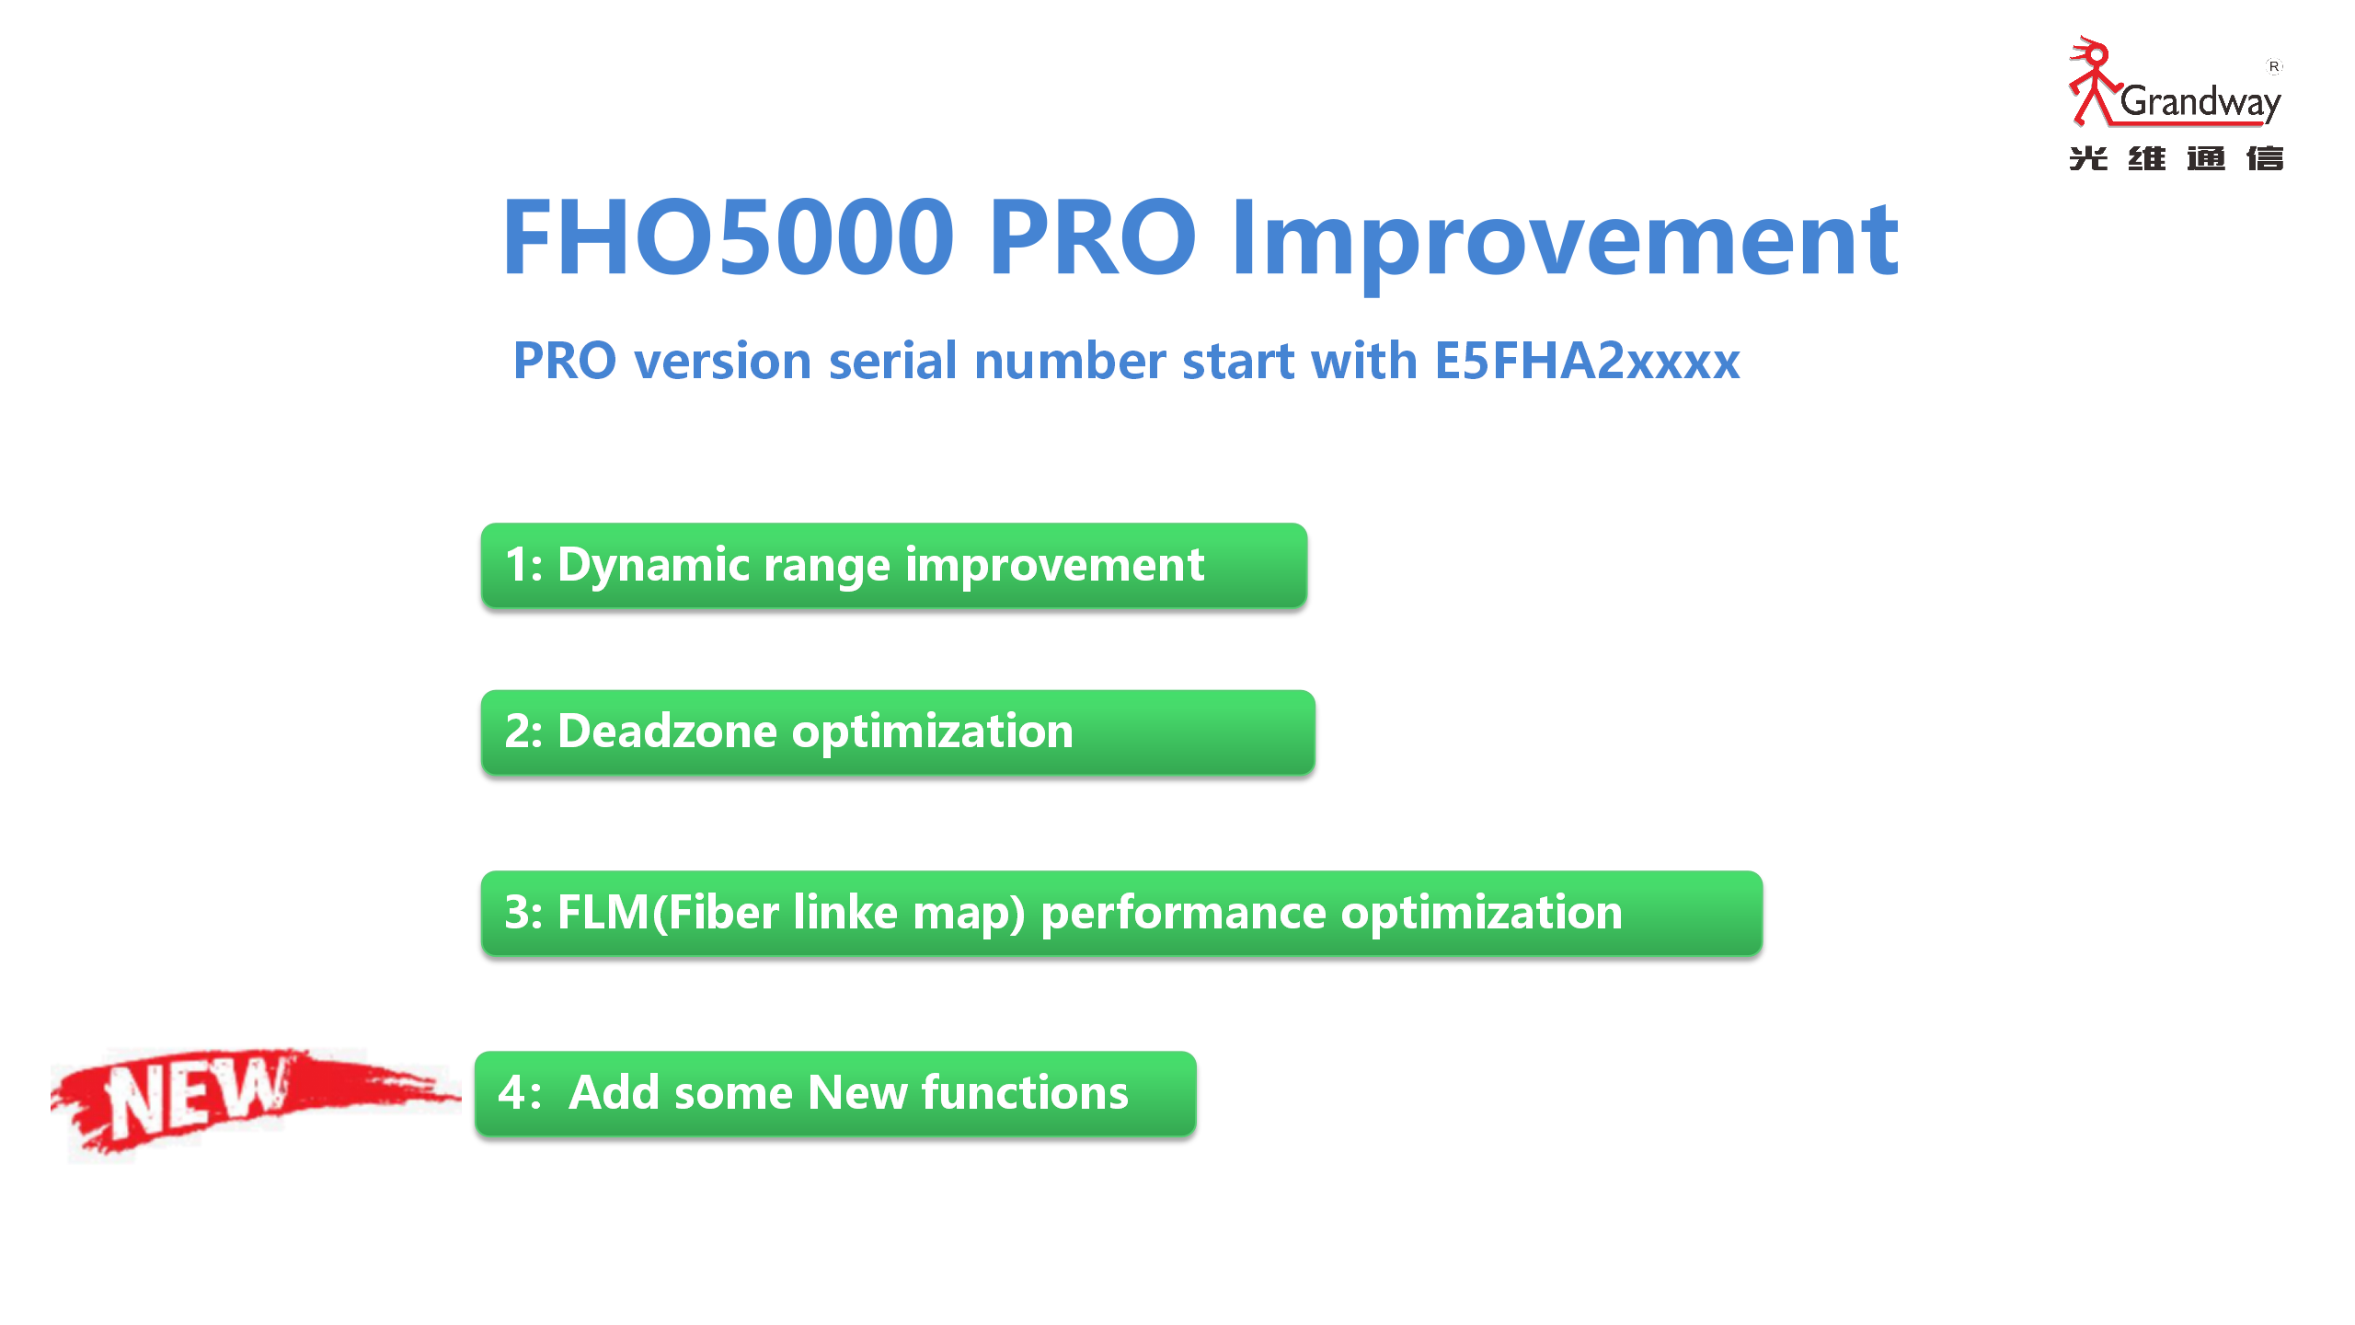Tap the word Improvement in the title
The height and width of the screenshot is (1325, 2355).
(1565, 241)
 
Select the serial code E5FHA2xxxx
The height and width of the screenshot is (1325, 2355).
(1587, 360)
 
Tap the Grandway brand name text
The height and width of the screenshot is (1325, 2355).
(2200, 102)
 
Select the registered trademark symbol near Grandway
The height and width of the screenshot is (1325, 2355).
(2273, 66)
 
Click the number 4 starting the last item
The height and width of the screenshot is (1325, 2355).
(512, 1093)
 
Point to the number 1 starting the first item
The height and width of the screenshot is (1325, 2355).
(516, 565)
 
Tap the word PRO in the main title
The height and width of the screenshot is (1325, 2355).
(1092, 237)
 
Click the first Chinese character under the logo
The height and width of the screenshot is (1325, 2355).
(2088, 158)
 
